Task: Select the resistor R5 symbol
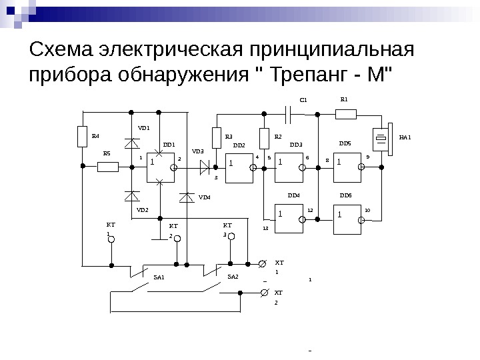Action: click(107, 167)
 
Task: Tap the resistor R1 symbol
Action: click(345, 113)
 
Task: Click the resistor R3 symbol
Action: click(216, 137)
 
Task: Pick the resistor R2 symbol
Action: click(264, 138)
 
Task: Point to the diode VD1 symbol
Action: click(132, 143)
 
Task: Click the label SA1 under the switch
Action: click(159, 276)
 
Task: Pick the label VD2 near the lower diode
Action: click(142, 209)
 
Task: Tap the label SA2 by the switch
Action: click(233, 276)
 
